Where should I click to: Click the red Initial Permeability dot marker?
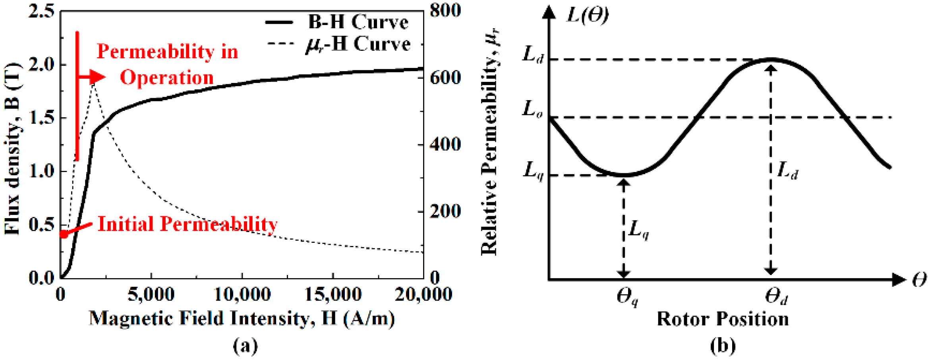pyautogui.click(x=64, y=234)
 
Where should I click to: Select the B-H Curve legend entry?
pyautogui.click(x=337, y=22)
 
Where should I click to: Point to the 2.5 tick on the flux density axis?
pyautogui.click(x=42, y=11)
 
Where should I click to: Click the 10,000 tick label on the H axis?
pyautogui.click(x=242, y=294)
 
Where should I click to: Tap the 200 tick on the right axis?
pyautogui.click(x=445, y=211)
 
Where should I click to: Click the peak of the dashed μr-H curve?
pyautogui.click(x=94, y=84)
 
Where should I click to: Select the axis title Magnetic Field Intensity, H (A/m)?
pyautogui.click(x=242, y=319)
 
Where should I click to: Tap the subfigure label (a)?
pyautogui.click(x=245, y=346)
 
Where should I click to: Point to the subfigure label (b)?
pyautogui.click(x=723, y=346)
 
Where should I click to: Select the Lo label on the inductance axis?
pyautogui.click(x=532, y=109)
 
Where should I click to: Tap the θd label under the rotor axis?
pyautogui.click(x=776, y=296)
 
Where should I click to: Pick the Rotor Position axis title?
pyautogui.click(x=723, y=319)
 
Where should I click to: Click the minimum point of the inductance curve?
pyautogui.click(x=624, y=175)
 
